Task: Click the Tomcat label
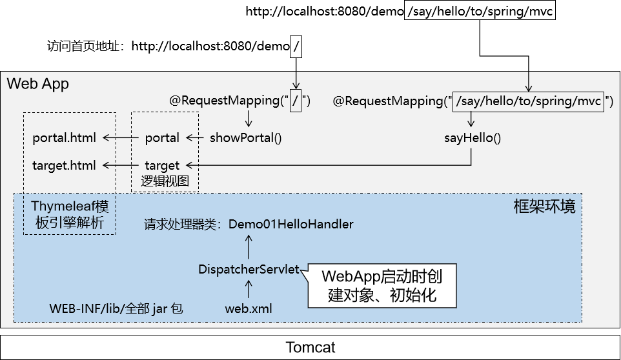point(310,347)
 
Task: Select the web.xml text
point(249,308)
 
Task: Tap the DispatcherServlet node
point(249,270)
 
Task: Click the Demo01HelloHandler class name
point(291,225)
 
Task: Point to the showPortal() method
point(246,137)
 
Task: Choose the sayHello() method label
point(473,137)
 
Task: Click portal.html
point(64,137)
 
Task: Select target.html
point(64,165)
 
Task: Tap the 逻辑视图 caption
point(165,181)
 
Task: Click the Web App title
point(37,84)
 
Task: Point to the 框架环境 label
point(544,206)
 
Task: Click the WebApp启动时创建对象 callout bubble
point(382,286)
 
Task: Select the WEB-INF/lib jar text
point(116,308)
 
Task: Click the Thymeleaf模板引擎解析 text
point(70,215)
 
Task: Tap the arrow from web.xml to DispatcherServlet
point(249,289)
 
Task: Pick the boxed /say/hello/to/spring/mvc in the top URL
point(480,11)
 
